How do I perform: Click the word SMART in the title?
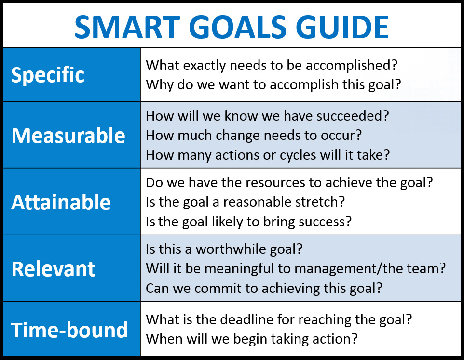click(x=127, y=27)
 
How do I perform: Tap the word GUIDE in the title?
click(x=342, y=27)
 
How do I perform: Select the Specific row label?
click(x=48, y=75)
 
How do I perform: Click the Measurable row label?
click(x=68, y=136)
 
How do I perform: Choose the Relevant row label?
click(x=53, y=269)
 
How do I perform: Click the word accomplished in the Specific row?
click(x=348, y=66)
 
